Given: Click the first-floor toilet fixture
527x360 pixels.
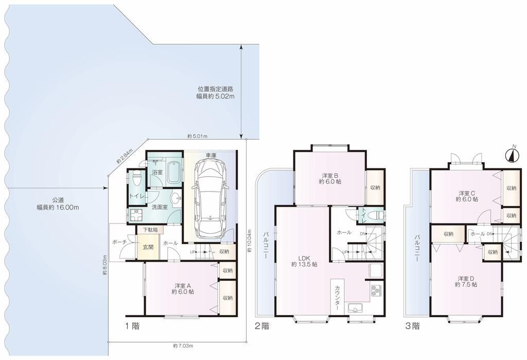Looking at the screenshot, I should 136,179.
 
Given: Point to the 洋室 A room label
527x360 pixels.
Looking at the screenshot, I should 183,289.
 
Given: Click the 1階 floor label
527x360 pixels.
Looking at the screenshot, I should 132,325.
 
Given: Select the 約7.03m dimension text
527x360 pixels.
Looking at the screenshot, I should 183,346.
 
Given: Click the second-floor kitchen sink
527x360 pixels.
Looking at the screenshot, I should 355,308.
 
